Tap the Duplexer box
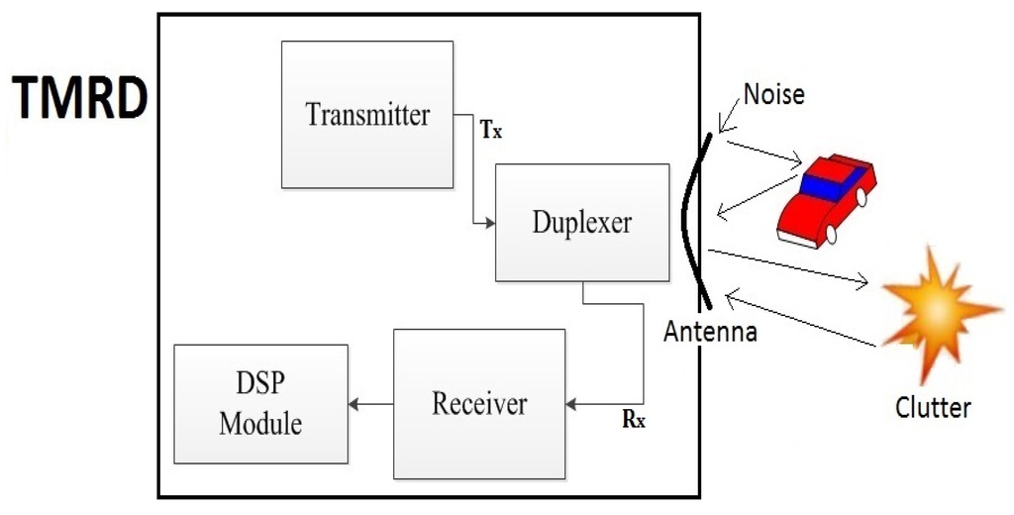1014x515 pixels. pyautogui.click(x=581, y=222)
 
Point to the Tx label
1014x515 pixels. pyautogui.click(x=491, y=130)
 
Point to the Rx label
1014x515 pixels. pyautogui.click(x=634, y=419)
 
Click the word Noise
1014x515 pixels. pyautogui.click(x=774, y=94)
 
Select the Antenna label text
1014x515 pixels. pyautogui.click(x=711, y=332)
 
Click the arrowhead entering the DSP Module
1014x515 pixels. pyautogui.click(x=355, y=404)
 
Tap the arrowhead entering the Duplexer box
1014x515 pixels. pyautogui.click(x=489, y=223)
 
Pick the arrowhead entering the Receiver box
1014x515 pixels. pyautogui.click(x=570, y=404)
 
